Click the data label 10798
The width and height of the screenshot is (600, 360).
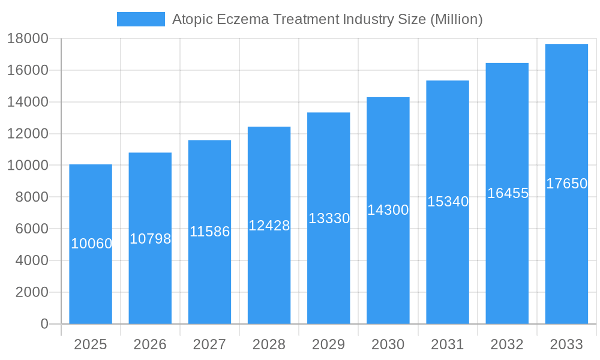pos(151,239)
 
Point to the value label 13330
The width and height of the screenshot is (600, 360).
pos(329,218)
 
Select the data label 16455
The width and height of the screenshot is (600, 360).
pos(508,193)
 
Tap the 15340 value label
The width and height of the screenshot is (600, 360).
pos(448,202)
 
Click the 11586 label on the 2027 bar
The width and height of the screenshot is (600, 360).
pos(209,232)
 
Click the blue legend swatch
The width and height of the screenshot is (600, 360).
pos(140,19)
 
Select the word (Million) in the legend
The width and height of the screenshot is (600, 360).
pos(457,19)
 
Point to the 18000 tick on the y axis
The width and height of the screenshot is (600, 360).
pos(28,38)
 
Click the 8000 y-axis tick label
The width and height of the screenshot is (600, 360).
pos(31,197)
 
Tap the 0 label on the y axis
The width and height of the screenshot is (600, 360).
pos(44,324)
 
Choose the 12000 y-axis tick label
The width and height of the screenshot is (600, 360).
pos(28,134)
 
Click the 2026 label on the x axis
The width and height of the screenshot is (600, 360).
pos(150,344)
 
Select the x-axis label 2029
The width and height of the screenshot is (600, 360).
pos(329,344)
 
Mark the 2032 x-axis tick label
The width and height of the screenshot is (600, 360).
pos(507,344)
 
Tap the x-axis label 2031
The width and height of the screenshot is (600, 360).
pos(448,344)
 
